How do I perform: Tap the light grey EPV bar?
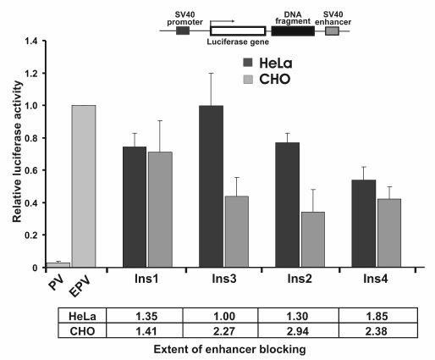[84, 186]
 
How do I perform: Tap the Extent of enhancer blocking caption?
[217, 347]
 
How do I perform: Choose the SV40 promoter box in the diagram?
[183, 30]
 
